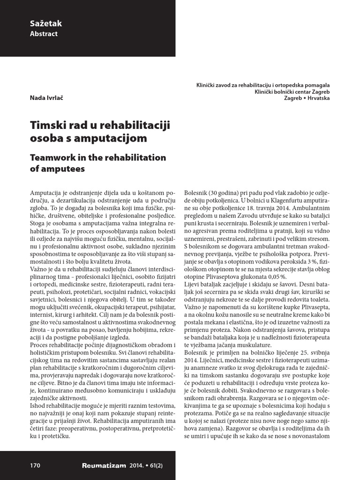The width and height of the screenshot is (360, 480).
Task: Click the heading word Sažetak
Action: coord(46,23)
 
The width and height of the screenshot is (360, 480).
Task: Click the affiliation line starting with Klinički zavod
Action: coord(262,85)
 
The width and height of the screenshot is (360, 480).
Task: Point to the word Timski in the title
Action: coord(48,126)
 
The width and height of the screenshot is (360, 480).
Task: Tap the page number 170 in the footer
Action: coord(35,465)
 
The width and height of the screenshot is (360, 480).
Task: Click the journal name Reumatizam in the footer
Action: coord(104,465)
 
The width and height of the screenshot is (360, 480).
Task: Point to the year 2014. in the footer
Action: coord(140,465)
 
